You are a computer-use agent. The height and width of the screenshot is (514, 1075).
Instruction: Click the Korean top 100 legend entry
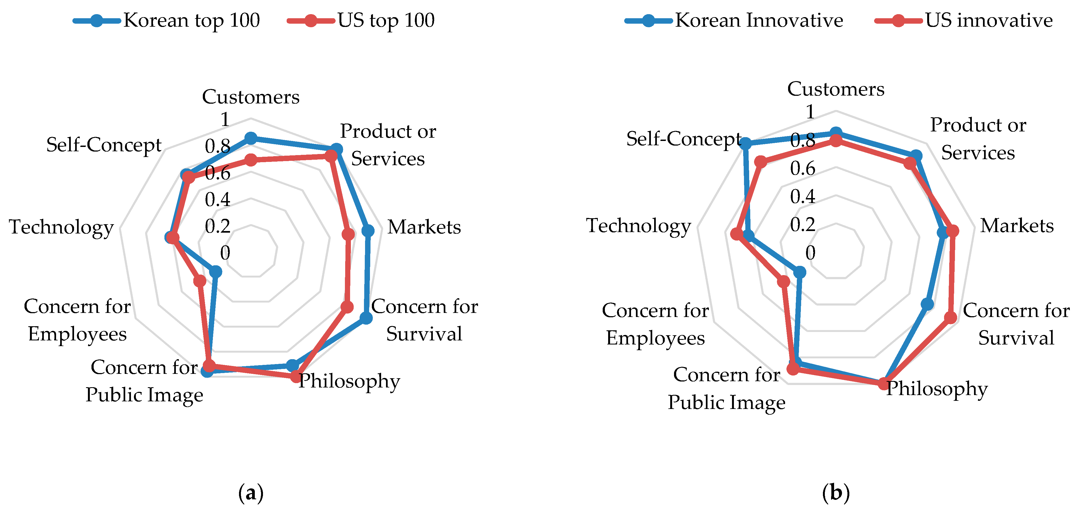(167, 20)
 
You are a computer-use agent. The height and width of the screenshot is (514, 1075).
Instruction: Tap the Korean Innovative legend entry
(734, 20)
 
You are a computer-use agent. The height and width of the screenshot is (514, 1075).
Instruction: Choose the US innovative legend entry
(964, 20)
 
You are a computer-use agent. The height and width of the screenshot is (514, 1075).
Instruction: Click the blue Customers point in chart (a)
(251, 138)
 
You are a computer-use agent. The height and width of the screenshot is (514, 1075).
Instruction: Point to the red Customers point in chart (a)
(251, 160)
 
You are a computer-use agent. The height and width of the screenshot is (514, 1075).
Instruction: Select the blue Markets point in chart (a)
(368, 230)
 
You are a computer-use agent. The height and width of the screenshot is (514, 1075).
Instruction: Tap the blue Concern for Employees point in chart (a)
(215, 272)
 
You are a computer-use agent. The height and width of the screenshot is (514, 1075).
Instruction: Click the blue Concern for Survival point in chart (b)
(927, 304)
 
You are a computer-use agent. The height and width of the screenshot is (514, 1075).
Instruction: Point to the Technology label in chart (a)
(61, 227)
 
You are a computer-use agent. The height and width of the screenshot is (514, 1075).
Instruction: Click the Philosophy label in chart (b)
(937, 389)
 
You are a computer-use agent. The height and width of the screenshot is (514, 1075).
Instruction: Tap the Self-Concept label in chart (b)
(684, 139)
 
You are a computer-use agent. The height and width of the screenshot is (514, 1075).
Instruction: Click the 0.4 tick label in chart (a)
(218, 199)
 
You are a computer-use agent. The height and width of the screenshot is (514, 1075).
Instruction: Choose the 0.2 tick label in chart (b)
(803, 224)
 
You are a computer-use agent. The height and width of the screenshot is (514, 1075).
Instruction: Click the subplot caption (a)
(251, 493)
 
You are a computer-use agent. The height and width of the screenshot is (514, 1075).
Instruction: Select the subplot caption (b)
(835, 493)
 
